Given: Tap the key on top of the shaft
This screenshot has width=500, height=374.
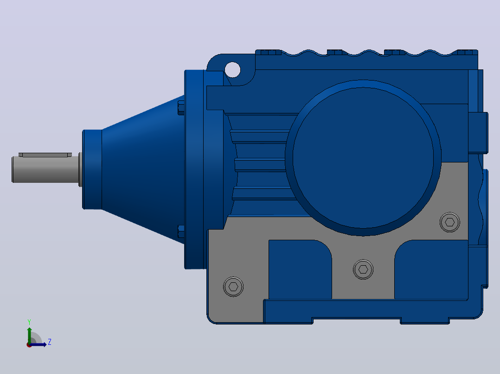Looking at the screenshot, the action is click(45, 155).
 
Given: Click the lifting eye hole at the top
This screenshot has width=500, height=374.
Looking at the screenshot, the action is click(232, 70).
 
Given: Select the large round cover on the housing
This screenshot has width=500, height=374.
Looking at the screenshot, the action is click(363, 157).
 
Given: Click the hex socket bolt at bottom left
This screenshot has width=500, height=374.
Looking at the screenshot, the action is click(233, 287).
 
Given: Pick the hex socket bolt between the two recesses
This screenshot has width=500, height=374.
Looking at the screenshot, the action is click(363, 269).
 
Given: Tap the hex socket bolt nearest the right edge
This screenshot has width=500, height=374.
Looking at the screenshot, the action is click(449, 222).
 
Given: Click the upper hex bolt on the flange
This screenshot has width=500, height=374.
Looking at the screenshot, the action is click(181, 108).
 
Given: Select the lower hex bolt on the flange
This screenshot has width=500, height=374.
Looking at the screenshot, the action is click(181, 231).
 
